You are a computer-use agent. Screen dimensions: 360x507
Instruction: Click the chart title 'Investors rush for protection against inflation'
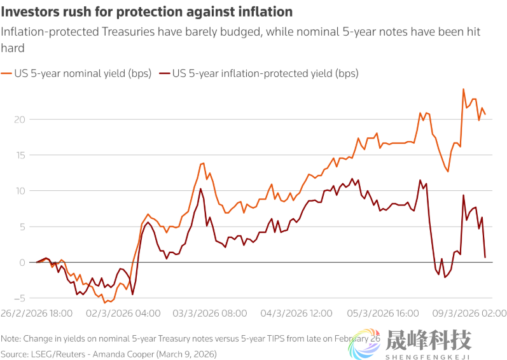tap(147, 12)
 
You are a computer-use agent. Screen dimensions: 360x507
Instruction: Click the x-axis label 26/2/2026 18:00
tap(37, 313)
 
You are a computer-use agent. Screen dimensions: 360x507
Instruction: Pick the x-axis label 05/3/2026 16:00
tap(383, 313)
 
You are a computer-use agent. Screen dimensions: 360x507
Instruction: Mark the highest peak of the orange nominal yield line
tap(463, 89)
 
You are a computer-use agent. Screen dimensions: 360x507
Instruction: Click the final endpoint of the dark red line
tap(485, 257)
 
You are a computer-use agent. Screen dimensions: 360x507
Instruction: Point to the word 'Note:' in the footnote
tap(11, 339)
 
